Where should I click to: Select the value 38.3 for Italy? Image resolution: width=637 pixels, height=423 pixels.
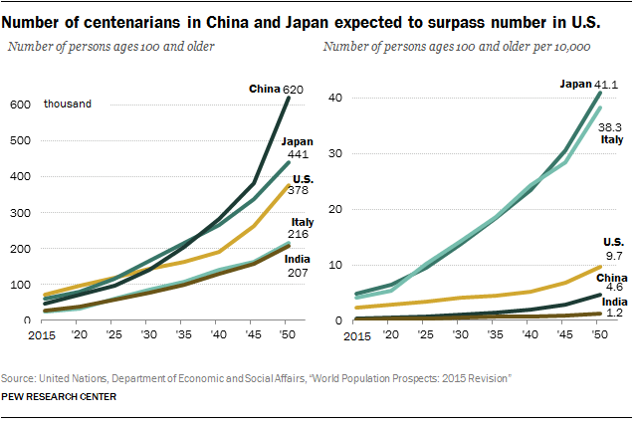(610, 126)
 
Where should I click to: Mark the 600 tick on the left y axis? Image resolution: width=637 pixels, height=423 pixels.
(19, 104)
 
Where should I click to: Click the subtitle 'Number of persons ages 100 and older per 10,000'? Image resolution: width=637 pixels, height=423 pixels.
(459, 43)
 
